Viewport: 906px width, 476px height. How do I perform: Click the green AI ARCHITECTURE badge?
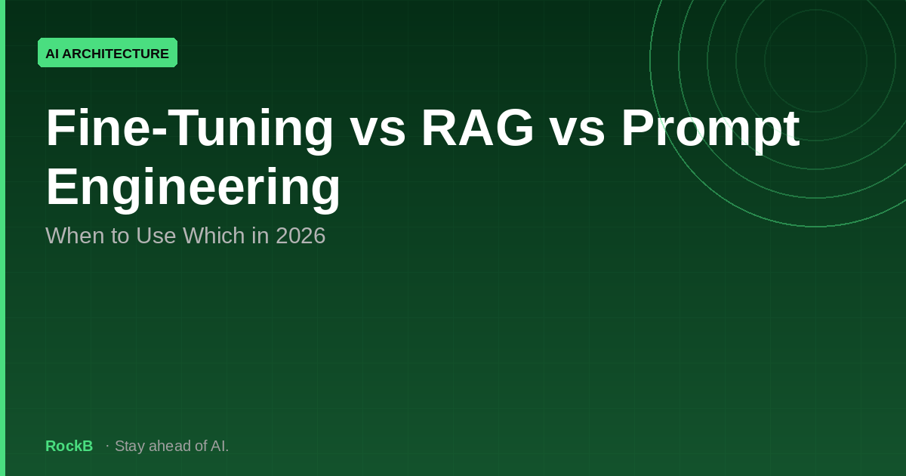(107, 53)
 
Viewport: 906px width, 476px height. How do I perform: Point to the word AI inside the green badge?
(51, 54)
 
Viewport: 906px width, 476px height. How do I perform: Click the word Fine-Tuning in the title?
(190, 128)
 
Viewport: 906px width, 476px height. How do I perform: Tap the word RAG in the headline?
(477, 128)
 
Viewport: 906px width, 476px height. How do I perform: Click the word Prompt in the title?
(710, 128)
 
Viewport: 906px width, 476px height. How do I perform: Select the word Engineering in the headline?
(193, 187)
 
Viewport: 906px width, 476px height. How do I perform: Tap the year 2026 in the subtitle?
(300, 236)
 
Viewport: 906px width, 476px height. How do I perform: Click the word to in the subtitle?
(120, 236)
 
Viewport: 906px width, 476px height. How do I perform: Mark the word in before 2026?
(260, 236)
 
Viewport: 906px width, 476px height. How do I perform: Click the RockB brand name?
(69, 446)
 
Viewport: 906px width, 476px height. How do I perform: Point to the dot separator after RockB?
(107, 446)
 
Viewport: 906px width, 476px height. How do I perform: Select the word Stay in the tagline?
(130, 446)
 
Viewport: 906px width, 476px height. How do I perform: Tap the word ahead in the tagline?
(170, 446)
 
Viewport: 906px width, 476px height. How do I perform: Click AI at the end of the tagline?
(219, 446)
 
